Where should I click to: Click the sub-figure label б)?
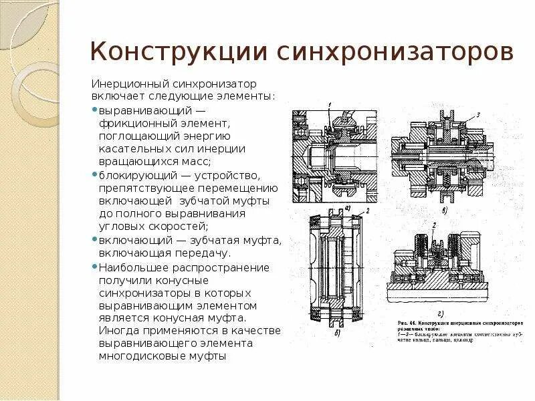[340, 332]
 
